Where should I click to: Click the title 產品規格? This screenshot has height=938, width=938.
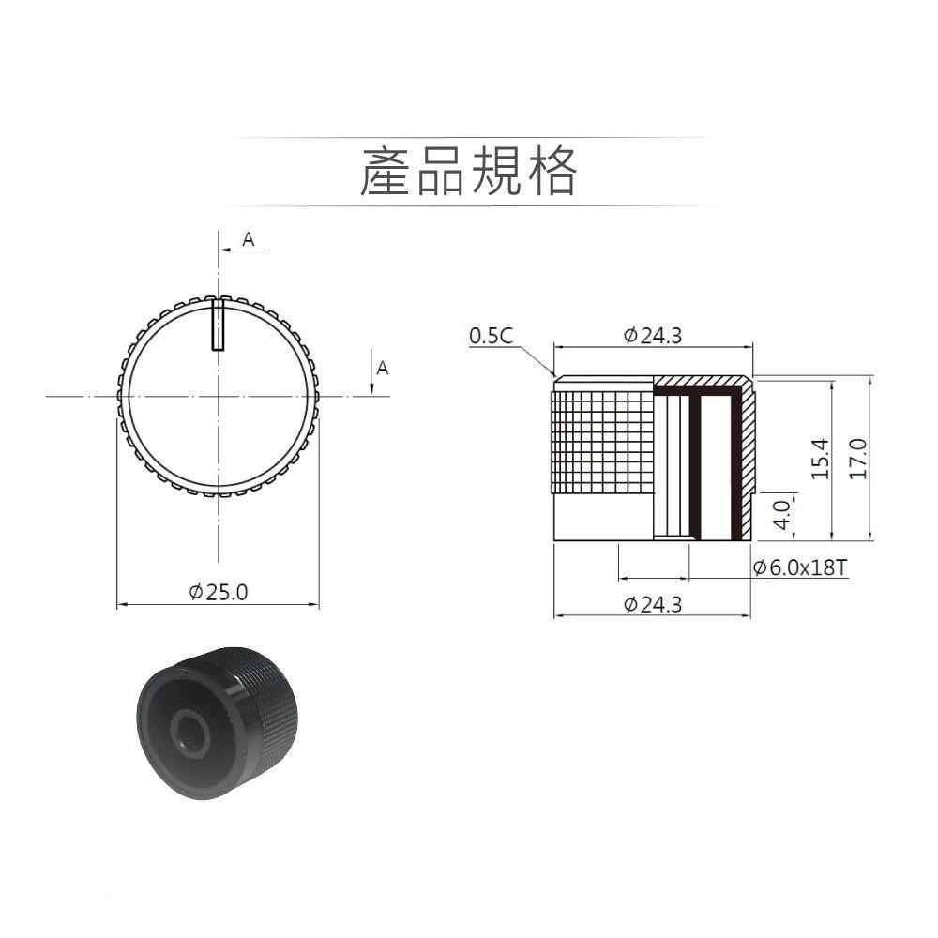click(468, 172)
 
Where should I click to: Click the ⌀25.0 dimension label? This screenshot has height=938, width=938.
click(219, 592)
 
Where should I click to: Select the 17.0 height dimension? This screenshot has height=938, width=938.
click(857, 458)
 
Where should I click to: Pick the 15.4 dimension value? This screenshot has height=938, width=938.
click(819, 458)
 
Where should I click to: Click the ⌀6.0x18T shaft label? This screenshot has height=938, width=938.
click(800, 567)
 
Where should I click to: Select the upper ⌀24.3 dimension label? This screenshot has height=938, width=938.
click(654, 335)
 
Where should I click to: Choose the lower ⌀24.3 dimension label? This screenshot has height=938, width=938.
click(654, 605)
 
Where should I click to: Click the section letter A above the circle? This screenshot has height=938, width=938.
click(248, 240)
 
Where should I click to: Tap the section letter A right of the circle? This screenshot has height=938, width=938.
click(382, 369)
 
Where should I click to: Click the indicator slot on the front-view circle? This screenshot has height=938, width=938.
click(218, 325)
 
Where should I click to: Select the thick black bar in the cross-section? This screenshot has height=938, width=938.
click(695, 466)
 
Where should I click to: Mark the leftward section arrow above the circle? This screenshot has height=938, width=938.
click(224, 250)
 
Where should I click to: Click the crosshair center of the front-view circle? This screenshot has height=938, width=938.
click(218, 397)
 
